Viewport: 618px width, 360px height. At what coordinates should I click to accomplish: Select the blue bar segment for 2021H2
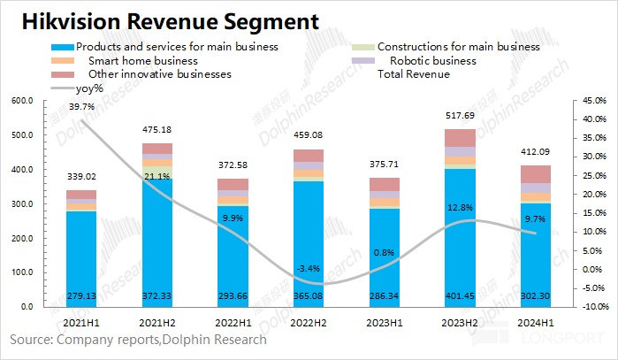click(x=158, y=239)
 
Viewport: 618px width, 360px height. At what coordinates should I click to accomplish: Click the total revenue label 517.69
click(x=460, y=115)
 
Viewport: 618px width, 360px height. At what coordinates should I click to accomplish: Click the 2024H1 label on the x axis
click(x=535, y=324)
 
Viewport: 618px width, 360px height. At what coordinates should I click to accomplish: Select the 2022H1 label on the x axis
click(x=233, y=324)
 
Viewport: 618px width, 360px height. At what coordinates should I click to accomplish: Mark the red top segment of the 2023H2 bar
click(x=460, y=138)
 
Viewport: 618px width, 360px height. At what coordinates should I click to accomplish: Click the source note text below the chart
click(x=138, y=339)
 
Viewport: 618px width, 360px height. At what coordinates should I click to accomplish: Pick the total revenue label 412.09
click(x=535, y=151)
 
